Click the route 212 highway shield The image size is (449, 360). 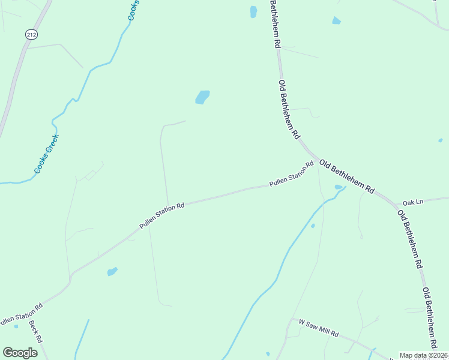tap(31, 35)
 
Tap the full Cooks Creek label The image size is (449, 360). tap(47, 154)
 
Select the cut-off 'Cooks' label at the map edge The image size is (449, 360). tap(133, 10)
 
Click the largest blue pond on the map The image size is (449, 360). tap(202, 97)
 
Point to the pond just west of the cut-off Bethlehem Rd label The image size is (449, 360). tap(253, 11)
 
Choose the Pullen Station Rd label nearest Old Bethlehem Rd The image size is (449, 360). tap(292, 173)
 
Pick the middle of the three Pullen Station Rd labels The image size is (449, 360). tap(161, 215)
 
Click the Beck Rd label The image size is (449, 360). tap(35, 331)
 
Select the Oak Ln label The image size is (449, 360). tap(413, 202)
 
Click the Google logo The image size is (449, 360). tap(20, 352)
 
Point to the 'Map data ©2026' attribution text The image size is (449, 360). tap(423, 355)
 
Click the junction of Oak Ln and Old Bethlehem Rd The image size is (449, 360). tap(396, 205)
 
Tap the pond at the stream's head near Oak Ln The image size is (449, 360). tap(339, 188)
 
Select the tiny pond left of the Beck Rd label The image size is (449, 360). tap(16, 326)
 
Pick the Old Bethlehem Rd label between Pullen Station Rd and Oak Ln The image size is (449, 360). tap(346, 176)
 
